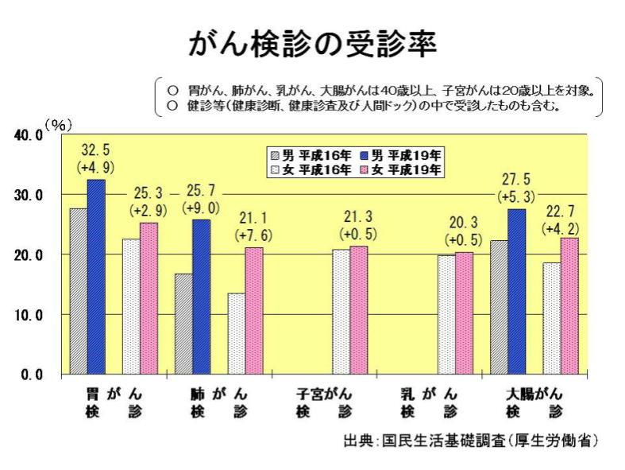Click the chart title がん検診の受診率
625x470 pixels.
pos(311,46)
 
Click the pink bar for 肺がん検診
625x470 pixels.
pos(253,310)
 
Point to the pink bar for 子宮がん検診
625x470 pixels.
pos(359,309)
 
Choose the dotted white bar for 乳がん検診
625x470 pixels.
pos(446,314)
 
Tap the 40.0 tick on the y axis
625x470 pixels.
pos(29,135)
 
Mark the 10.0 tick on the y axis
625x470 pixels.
pos(29,315)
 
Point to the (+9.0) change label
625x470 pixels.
pos(201,208)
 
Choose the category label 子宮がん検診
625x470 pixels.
pos(324,402)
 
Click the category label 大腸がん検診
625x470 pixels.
pos(534,402)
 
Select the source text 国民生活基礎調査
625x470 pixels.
pos(446,440)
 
